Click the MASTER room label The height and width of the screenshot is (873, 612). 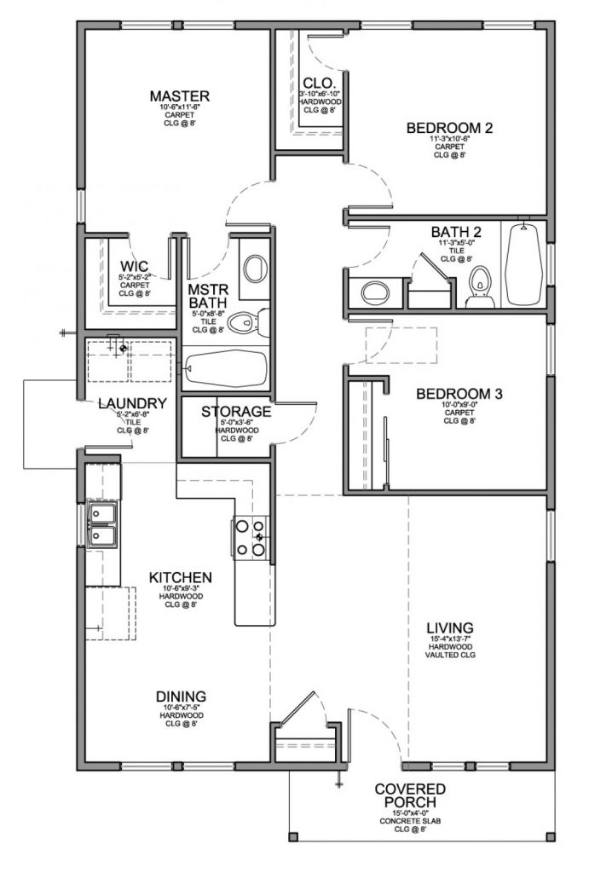179,95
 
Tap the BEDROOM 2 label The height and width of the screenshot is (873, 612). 449,129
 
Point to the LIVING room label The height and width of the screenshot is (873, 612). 451,627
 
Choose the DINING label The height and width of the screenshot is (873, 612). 181,695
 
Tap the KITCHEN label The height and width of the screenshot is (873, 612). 181,577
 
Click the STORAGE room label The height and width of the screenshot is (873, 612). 236,412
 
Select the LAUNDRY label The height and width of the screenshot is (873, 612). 131,403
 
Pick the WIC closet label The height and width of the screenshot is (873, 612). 135,266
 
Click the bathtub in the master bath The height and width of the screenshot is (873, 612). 226,368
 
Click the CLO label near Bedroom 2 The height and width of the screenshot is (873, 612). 312,83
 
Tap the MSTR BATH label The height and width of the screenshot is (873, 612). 206,295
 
